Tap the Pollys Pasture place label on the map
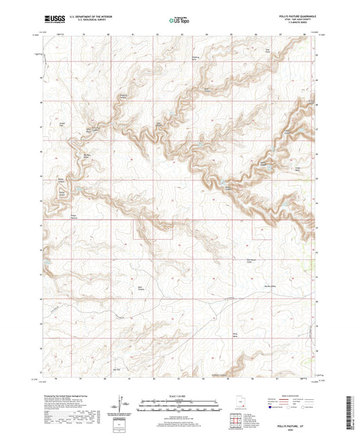pos(76,216)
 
